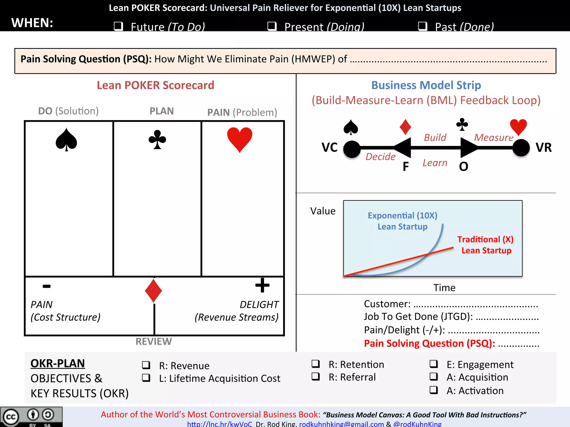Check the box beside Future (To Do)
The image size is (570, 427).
[x=119, y=26]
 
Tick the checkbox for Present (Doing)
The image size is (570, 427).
[x=272, y=26]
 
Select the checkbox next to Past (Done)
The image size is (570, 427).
[x=423, y=26]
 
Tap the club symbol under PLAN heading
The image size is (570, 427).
[x=157, y=140]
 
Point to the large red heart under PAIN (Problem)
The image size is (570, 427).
[x=240, y=139]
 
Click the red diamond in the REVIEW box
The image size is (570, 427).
[x=153, y=291]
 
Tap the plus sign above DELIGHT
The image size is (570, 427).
[x=262, y=285]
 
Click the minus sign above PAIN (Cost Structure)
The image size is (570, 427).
[x=47, y=286]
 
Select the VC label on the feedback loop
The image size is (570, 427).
[x=330, y=147]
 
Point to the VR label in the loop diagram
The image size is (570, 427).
[x=544, y=147]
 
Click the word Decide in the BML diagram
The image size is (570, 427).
[x=380, y=157]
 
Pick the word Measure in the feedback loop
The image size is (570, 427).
[x=494, y=138]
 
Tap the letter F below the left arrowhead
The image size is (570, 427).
[x=406, y=167]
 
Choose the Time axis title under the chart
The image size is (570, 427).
[x=444, y=288]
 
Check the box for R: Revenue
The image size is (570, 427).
[x=146, y=365]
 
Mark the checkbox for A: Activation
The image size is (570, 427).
[x=434, y=390]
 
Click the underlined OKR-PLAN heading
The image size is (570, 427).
[x=58, y=364]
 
